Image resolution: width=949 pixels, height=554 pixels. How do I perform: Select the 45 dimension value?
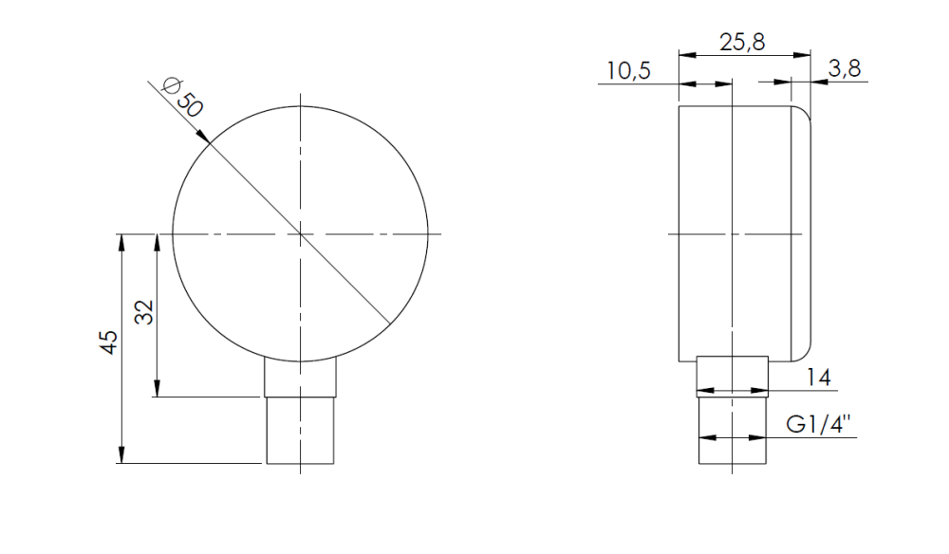pyautogui.click(x=109, y=342)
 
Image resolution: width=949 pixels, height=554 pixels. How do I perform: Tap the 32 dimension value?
pyautogui.click(x=143, y=312)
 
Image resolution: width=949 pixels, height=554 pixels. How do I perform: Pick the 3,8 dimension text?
pyautogui.click(x=845, y=67)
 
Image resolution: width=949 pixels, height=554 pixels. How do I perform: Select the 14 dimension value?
pyautogui.click(x=819, y=378)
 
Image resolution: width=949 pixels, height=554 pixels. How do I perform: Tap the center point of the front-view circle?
pyautogui.click(x=300, y=233)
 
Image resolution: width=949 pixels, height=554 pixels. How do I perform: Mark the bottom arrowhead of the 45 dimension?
pyautogui.click(x=121, y=455)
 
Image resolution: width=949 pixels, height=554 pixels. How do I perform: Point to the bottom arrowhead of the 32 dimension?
pyautogui.click(x=157, y=389)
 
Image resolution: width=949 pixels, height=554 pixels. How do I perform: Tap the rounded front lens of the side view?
pyautogui.click(x=803, y=232)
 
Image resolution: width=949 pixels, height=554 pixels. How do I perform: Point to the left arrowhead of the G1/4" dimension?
pyautogui.click(x=705, y=437)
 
